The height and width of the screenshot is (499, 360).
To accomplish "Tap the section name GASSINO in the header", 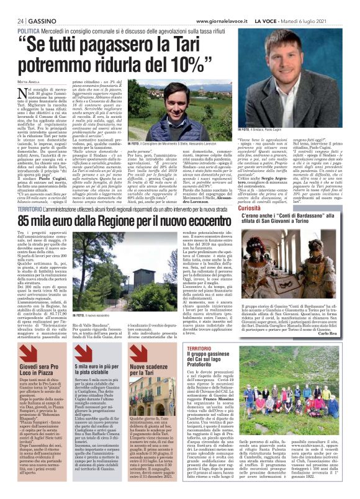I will coord(36,20).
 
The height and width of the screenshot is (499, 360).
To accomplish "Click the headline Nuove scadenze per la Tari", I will coord(148,356).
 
